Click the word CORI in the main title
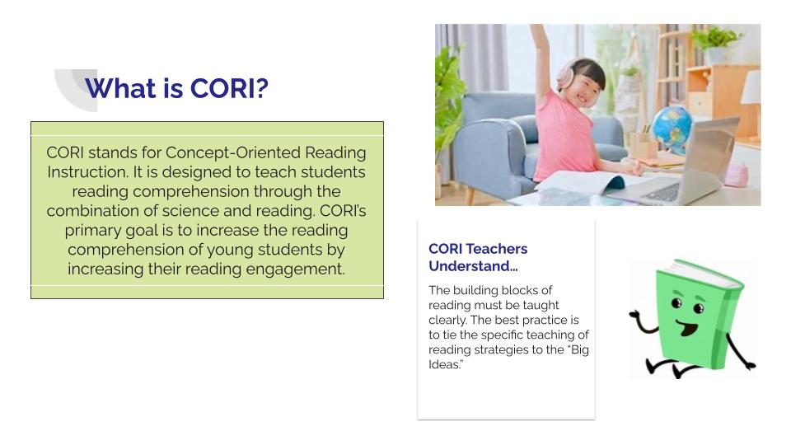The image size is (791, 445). pos(223,88)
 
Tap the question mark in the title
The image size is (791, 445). pos(262,88)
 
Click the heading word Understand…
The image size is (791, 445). pos(473,266)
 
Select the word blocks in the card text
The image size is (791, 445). pos(514,290)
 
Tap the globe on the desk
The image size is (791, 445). pos(672,129)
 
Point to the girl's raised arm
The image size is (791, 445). pos(541,56)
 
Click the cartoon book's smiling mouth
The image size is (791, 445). pos(687,328)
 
